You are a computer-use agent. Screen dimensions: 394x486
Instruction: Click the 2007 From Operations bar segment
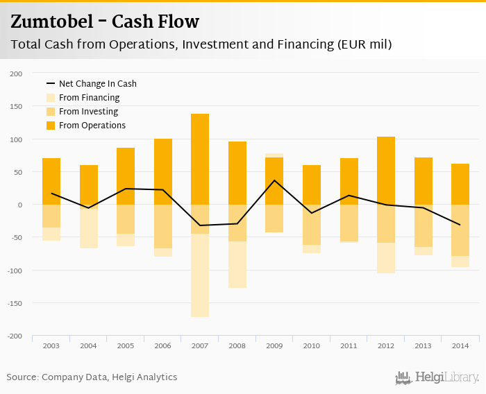pyautogui.click(x=200, y=159)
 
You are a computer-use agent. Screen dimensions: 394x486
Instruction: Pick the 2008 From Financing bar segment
pyautogui.click(x=237, y=264)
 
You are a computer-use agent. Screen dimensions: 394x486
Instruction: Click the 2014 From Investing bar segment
pyautogui.click(x=460, y=230)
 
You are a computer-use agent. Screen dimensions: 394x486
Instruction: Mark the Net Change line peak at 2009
pyautogui.click(x=274, y=180)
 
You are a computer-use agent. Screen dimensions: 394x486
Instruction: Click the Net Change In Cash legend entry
pyautogui.click(x=97, y=84)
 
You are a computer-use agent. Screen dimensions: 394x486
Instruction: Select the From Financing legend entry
pyautogui.click(x=89, y=98)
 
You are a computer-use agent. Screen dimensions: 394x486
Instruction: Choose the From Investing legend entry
pyautogui.click(x=88, y=112)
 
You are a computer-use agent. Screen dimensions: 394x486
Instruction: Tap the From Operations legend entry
pyautogui.click(x=92, y=126)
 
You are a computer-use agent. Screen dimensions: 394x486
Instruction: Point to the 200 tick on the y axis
pyautogui.click(x=16, y=74)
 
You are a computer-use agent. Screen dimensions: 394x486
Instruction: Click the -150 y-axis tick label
pyautogui.click(x=15, y=303)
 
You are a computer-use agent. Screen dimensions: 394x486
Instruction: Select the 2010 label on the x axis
pyautogui.click(x=312, y=345)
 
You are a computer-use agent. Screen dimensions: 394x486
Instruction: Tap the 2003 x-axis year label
pyautogui.click(x=51, y=345)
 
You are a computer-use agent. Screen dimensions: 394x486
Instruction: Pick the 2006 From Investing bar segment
pyautogui.click(x=163, y=226)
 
